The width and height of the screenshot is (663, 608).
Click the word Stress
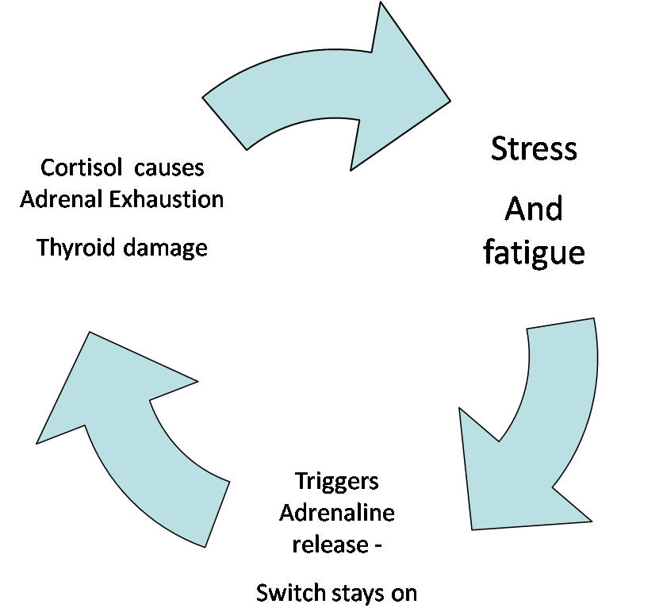(534, 148)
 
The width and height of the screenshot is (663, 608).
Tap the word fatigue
(534, 252)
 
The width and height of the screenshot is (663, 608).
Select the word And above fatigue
(534, 210)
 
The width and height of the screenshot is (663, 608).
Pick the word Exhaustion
(167, 198)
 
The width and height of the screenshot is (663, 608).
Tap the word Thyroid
(77, 248)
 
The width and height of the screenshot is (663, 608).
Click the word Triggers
(337, 481)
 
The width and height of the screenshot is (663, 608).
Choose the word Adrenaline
(337, 513)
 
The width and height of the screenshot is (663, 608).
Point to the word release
(329, 545)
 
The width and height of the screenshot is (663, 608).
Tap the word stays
(353, 593)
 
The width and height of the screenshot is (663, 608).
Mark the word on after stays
(401, 593)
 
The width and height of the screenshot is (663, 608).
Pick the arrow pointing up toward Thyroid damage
(135, 421)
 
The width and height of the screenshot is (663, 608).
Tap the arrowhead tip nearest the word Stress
(449, 102)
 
